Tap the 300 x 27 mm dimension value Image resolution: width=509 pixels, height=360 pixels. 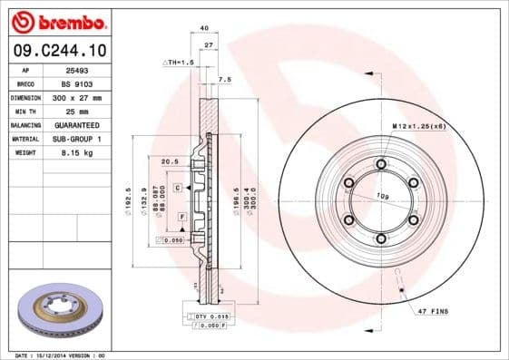coord(76,97)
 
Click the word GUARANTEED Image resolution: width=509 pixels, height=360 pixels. coord(76,124)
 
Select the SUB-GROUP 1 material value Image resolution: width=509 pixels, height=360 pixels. coord(76,139)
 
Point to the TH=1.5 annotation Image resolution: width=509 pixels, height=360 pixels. coord(179,62)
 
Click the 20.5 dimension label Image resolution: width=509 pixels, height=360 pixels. coord(168,162)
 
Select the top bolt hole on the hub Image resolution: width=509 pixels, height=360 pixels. coord(380,164)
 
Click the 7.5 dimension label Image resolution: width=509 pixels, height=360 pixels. coord(226,80)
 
